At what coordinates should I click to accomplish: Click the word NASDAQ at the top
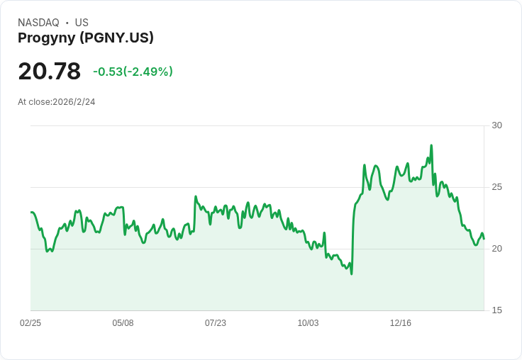pyautogui.click(x=38, y=23)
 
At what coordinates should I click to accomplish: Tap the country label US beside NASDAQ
pyautogui.click(x=82, y=23)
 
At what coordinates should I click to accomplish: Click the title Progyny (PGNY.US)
pyautogui.click(x=86, y=38)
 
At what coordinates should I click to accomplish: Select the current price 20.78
pyautogui.click(x=49, y=71)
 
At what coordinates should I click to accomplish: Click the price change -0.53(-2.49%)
pyautogui.click(x=133, y=72)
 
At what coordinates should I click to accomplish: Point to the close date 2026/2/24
pyautogui.click(x=74, y=102)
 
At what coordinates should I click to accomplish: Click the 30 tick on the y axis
pyautogui.click(x=496, y=125)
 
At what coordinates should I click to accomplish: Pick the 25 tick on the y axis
pyautogui.click(x=496, y=187)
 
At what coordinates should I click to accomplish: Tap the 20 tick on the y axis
pyautogui.click(x=496, y=249)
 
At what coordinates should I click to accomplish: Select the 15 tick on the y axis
pyautogui.click(x=496, y=310)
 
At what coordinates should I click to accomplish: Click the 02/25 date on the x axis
pyautogui.click(x=30, y=322)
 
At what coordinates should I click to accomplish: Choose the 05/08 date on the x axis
pyautogui.click(x=123, y=322)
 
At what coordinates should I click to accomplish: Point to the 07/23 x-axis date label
pyautogui.click(x=216, y=322)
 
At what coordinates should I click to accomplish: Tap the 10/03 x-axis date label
pyautogui.click(x=308, y=322)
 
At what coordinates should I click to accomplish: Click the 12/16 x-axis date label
pyautogui.click(x=401, y=322)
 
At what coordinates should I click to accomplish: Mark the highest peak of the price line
pyautogui.click(x=431, y=145)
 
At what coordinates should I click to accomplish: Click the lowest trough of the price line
pyautogui.click(x=352, y=274)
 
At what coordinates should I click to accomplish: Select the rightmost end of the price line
pyautogui.click(x=484, y=239)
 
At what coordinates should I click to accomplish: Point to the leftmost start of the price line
pyautogui.click(x=31, y=213)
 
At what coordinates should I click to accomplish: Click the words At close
pyautogui.click(x=34, y=102)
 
